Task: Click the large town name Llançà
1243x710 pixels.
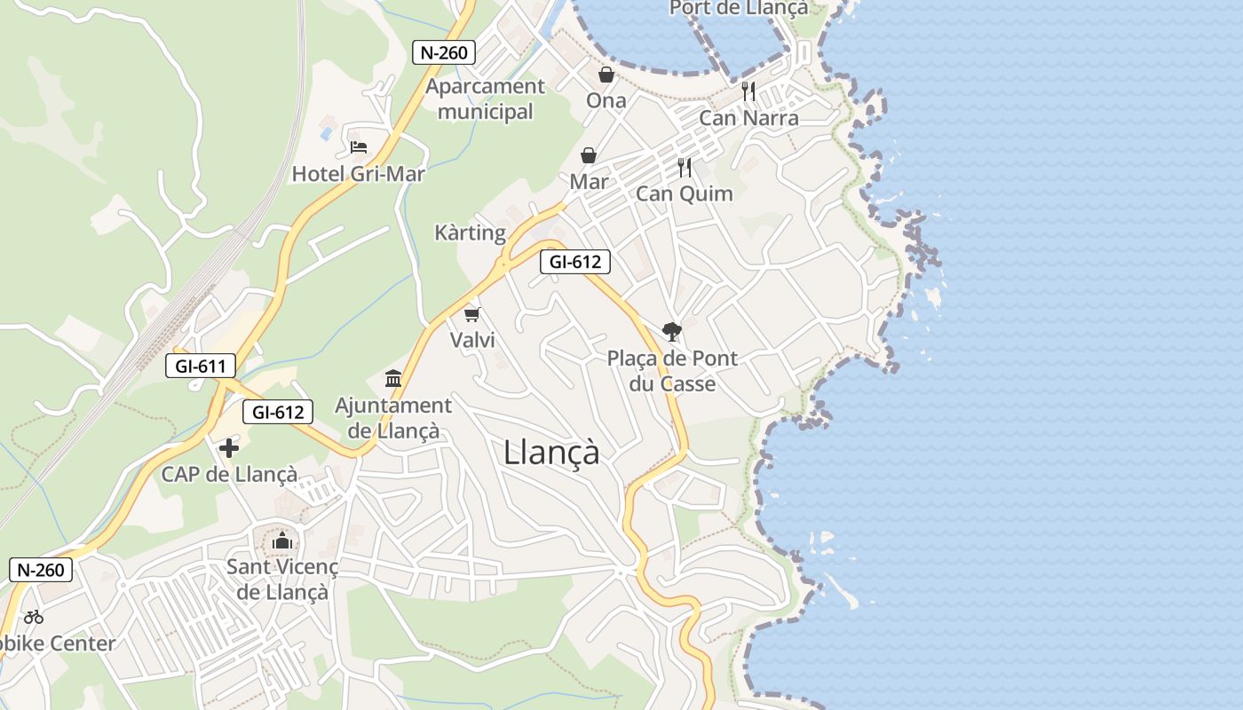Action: [x=551, y=453]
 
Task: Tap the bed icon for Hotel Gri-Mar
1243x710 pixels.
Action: [x=359, y=146]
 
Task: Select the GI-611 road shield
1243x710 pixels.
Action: [x=201, y=365]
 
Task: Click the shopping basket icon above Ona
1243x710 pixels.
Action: [x=606, y=74]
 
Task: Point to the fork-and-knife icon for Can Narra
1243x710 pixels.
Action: [x=748, y=91]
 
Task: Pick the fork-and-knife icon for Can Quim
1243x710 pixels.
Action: [x=685, y=167]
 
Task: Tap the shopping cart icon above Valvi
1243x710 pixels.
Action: [x=472, y=314]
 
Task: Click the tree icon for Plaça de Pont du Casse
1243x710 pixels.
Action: [x=672, y=332]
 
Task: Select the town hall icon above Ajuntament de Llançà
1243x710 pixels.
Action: [x=393, y=379]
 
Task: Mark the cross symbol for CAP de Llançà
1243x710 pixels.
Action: [x=229, y=448]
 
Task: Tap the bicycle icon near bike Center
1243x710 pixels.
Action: [x=34, y=616]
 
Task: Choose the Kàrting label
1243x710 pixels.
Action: [x=470, y=233]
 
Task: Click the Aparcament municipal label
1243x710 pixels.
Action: [x=485, y=99]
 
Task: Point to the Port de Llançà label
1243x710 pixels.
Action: [x=739, y=8]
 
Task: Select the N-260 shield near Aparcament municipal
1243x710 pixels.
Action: [x=444, y=52]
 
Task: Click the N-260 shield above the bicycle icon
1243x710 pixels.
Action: [x=41, y=570]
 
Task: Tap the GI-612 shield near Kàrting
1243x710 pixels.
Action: [x=575, y=262]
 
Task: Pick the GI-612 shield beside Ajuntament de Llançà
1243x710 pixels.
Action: [x=278, y=412]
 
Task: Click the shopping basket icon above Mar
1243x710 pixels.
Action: [x=589, y=156]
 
